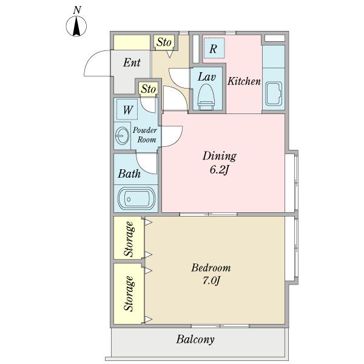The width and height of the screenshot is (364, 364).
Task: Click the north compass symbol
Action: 76,26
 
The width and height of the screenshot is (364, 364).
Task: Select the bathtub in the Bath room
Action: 136,198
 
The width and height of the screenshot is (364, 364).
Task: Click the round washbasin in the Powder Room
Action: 122,135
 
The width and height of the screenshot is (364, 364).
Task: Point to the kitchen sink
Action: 274,94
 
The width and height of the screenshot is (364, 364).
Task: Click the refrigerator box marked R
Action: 214,48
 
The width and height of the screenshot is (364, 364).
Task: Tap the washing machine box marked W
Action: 127,109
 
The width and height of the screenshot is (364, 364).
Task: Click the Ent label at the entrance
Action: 132,62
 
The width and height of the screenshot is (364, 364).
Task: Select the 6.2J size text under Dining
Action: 220,170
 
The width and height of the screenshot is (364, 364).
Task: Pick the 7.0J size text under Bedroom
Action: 211,281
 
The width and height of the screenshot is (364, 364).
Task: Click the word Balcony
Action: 195,340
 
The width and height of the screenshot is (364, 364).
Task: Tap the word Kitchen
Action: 244,81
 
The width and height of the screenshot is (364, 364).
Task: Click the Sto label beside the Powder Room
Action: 149,89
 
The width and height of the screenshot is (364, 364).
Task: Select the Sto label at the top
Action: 164,42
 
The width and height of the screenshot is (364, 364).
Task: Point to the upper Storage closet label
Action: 129,239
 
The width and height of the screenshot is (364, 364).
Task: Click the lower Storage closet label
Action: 129,294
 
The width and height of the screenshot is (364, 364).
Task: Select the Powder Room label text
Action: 144,135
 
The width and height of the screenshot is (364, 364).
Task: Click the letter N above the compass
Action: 77,10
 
